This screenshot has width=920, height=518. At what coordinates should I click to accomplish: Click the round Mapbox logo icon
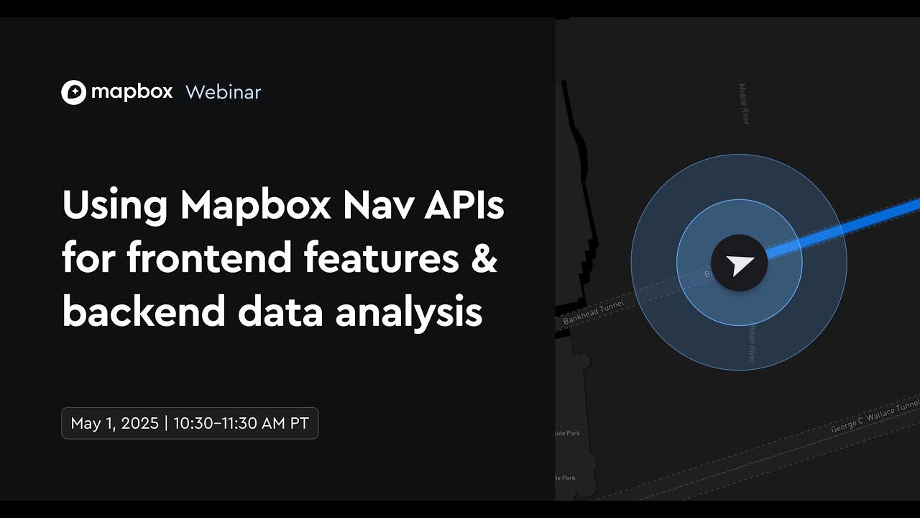(x=73, y=92)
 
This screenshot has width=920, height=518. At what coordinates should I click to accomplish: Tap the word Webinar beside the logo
(x=223, y=92)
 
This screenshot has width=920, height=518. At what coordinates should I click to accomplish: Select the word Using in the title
(x=114, y=206)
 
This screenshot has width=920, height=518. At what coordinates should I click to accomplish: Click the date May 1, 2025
(x=115, y=423)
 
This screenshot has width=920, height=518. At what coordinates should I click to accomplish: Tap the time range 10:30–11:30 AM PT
(x=241, y=423)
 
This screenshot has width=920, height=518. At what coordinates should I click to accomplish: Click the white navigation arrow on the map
(x=740, y=264)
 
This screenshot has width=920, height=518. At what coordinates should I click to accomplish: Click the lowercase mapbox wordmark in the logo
(x=132, y=92)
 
